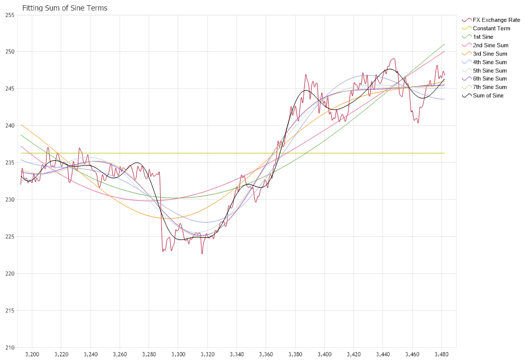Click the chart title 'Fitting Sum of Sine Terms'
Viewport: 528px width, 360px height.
point(65,8)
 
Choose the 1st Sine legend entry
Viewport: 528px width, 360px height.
point(483,36)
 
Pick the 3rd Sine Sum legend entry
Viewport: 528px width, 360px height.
point(490,53)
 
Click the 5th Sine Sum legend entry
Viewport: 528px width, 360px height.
point(490,70)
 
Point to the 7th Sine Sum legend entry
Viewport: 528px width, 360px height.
point(490,87)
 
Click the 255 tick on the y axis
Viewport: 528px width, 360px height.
point(9,15)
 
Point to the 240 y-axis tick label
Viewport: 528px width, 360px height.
point(9,126)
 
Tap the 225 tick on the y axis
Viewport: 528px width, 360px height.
point(9,237)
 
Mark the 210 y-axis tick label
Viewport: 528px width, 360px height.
point(9,348)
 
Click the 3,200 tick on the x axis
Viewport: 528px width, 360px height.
point(32,353)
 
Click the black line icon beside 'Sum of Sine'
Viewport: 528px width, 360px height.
point(467,96)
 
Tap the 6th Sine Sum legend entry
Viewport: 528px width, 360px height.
point(490,79)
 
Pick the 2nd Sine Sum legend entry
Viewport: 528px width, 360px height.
point(490,45)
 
